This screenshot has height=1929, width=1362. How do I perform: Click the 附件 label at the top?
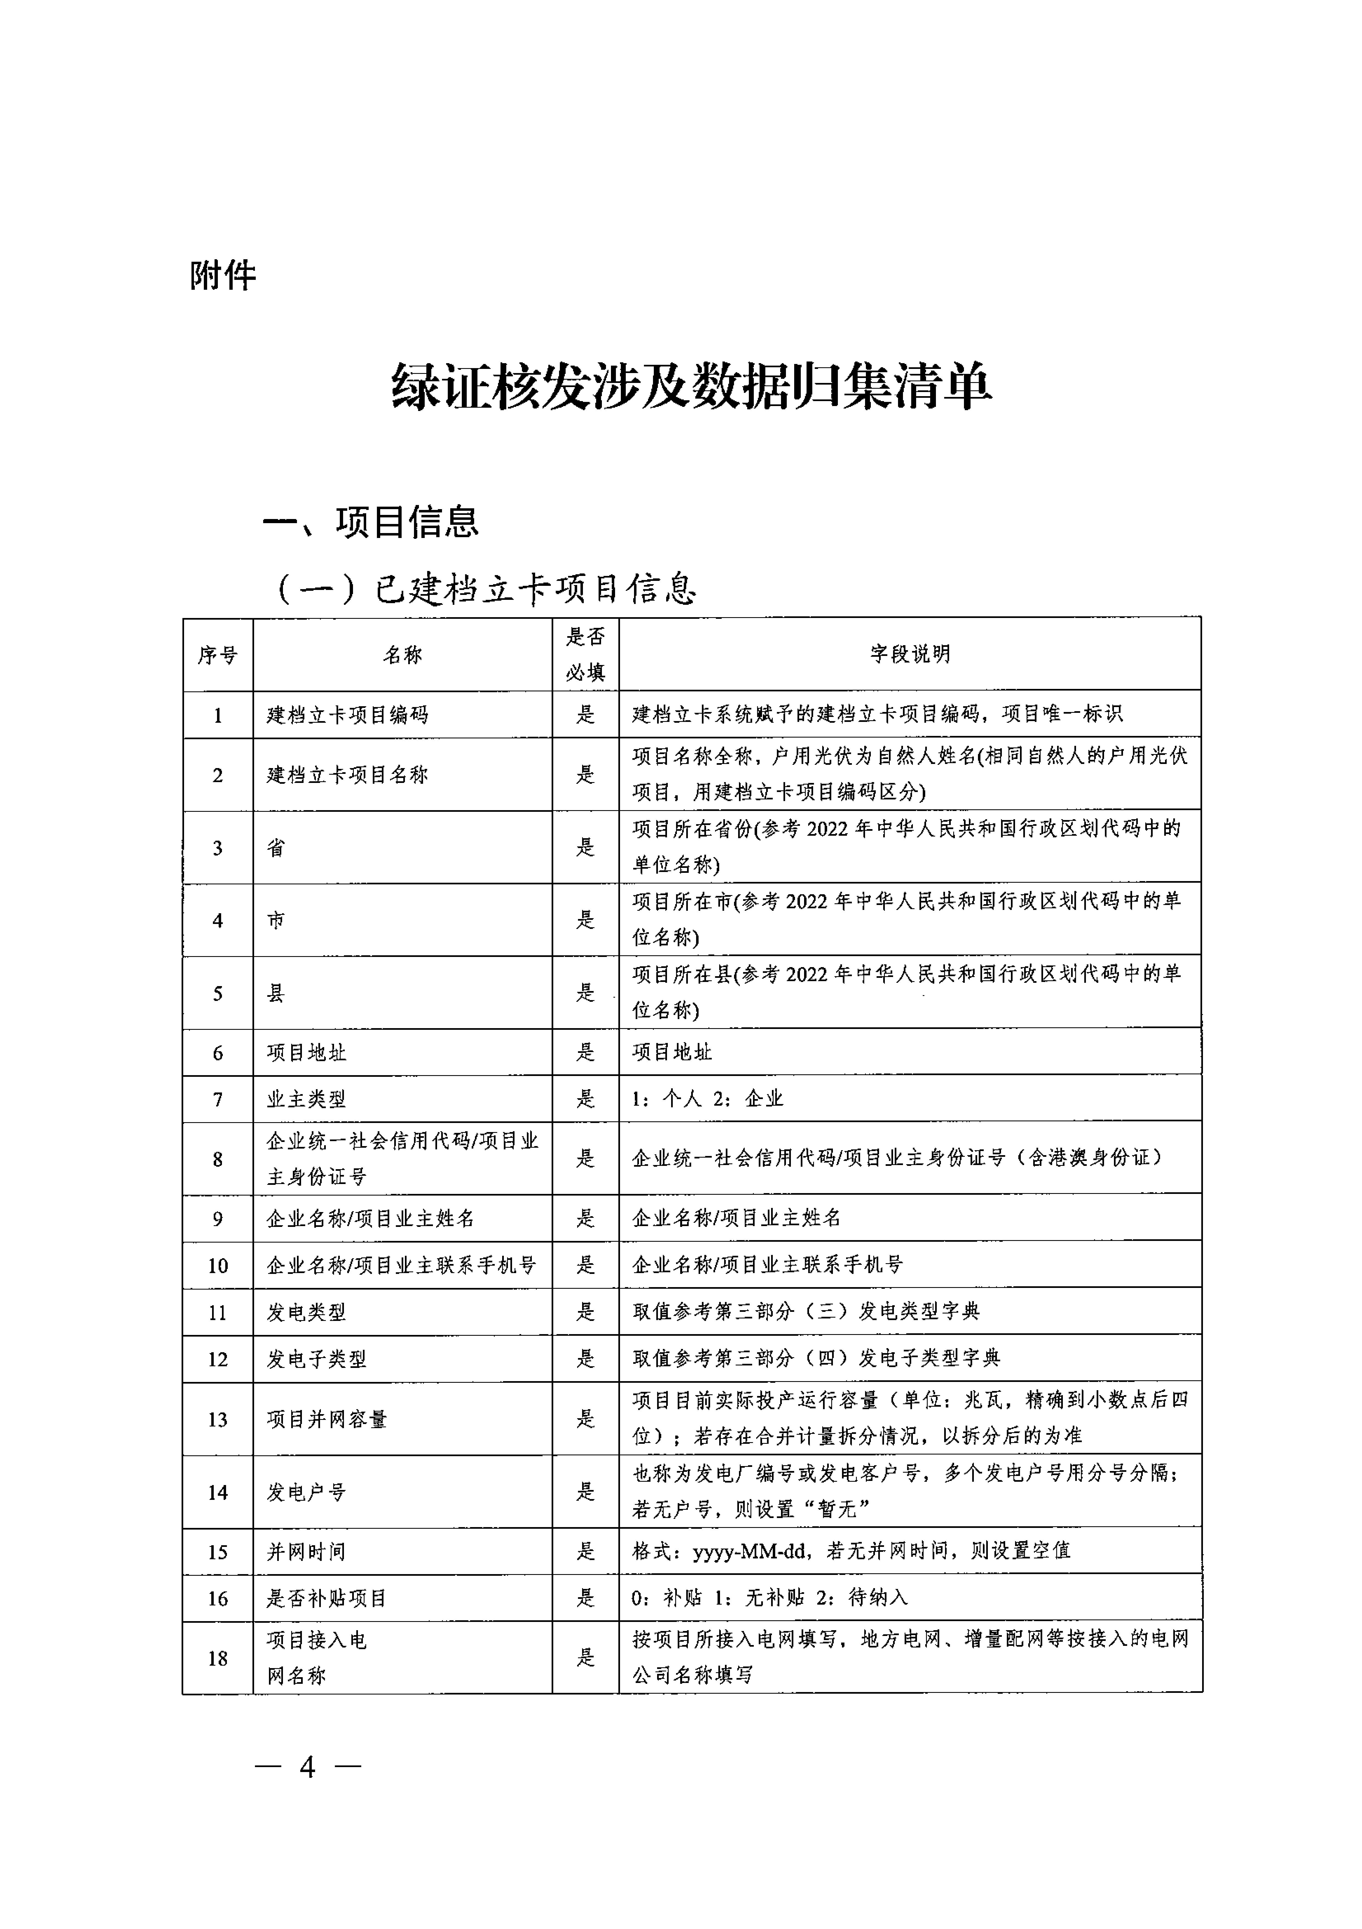[x=223, y=275]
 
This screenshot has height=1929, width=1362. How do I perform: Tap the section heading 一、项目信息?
[x=370, y=522]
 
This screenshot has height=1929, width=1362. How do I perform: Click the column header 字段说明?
[x=909, y=654]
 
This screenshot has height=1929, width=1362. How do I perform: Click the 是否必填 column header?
[x=585, y=654]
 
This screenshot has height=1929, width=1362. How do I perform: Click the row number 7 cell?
[x=218, y=1099]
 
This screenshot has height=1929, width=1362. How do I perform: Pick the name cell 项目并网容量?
[x=327, y=1419]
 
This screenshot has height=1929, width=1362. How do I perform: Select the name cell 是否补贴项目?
[x=327, y=1598]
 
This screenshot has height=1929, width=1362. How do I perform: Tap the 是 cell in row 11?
[x=585, y=1312]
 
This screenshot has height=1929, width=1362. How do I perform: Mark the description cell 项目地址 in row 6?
[x=672, y=1052]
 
